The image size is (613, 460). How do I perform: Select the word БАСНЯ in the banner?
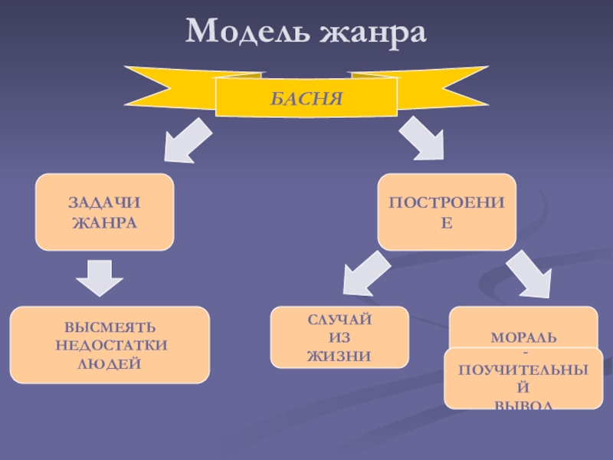point(306,97)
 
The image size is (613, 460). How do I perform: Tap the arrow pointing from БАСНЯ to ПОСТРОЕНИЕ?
point(425,140)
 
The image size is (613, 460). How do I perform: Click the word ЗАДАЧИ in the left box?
point(105,203)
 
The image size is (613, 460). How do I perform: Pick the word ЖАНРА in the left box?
point(105,222)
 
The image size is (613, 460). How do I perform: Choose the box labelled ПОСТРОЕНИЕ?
point(447,212)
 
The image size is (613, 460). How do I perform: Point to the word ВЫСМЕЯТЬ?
point(111,328)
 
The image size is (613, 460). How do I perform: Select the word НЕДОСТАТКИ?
point(111,345)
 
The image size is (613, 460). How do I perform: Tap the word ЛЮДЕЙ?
point(111,362)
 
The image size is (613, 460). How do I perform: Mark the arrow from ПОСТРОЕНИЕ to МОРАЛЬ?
point(529,275)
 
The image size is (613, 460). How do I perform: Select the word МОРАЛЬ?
point(523,337)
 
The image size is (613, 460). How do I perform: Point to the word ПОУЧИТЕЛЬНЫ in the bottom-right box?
point(523,370)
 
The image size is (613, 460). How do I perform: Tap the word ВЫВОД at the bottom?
point(523,403)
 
